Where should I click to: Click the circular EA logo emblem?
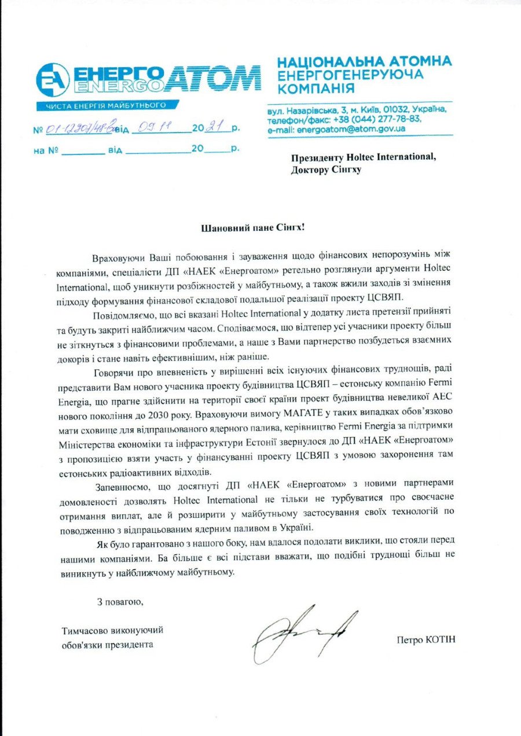pyautogui.click(x=53, y=80)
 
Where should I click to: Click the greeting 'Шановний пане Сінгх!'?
pyautogui.click(x=252, y=227)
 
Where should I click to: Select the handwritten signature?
pyautogui.click(x=304, y=634)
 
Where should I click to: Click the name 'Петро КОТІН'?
pyautogui.click(x=426, y=639)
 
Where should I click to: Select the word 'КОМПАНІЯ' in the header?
pyautogui.click(x=315, y=89)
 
